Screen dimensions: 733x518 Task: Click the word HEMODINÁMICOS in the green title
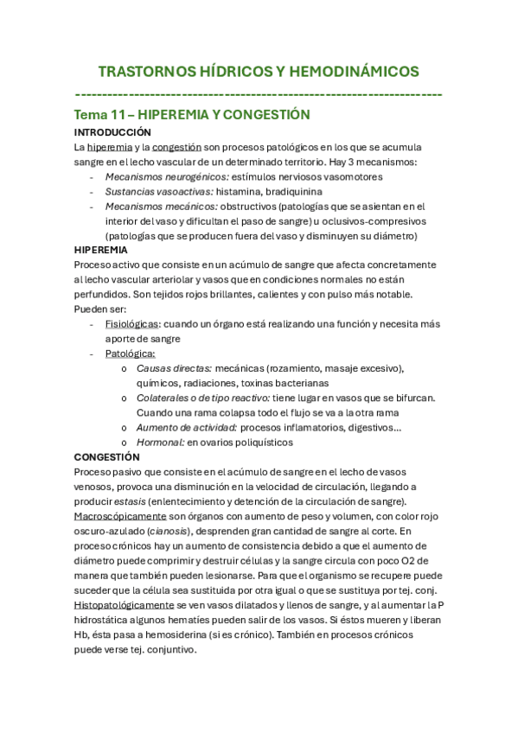[x=352, y=71]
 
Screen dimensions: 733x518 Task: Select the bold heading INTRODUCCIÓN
[x=112, y=132]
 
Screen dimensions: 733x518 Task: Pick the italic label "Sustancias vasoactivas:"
[x=158, y=191]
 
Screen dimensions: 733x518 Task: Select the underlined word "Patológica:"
[x=131, y=354]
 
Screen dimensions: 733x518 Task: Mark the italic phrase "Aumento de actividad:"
[x=187, y=427]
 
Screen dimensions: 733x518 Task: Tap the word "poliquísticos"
[x=262, y=442]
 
